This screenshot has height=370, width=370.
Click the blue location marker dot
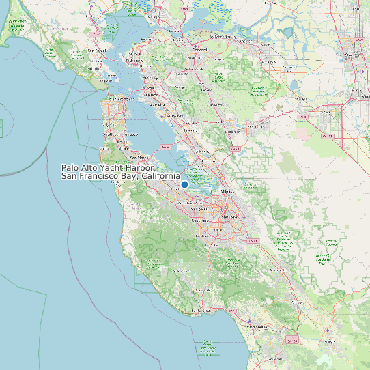coord(184,184)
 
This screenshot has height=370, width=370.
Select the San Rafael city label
coord(101,51)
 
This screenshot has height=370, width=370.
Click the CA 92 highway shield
coord(165,147)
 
